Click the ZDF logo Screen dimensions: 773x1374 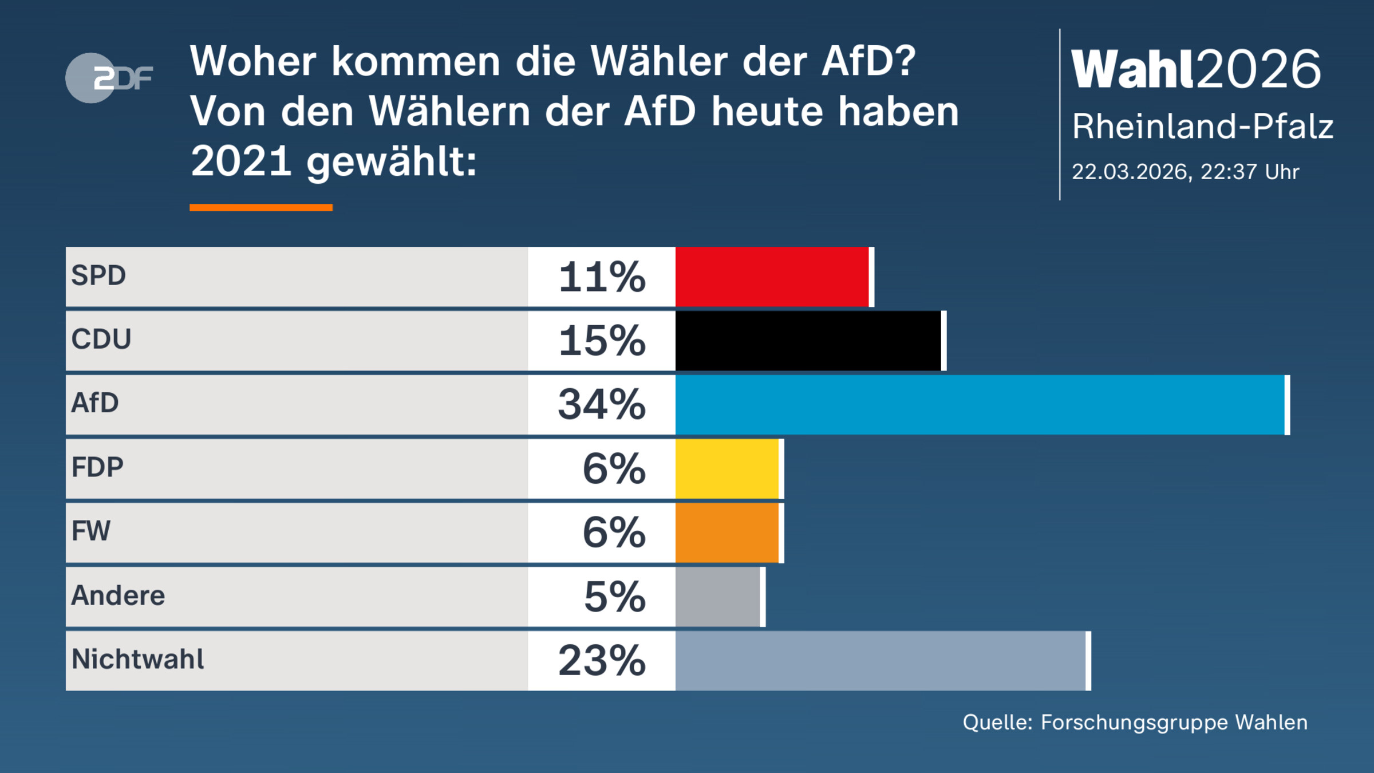click(x=109, y=78)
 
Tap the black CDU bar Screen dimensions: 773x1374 click(x=808, y=341)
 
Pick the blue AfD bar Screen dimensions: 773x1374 click(x=980, y=405)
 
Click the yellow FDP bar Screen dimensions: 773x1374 click(x=727, y=469)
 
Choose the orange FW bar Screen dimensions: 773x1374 click(x=727, y=533)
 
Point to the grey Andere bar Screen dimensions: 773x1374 click(x=718, y=597)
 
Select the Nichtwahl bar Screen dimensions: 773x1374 click(x=881, y=661)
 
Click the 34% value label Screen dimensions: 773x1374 click(x=602, y=405)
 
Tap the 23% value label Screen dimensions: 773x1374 click(x=602, y=661)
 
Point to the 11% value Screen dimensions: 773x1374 click(x=602, y=277)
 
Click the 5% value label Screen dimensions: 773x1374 click(x=614, y=597)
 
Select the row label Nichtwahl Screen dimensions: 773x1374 click(x=137, y=659)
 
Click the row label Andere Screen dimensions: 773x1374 click(x=118, y=595)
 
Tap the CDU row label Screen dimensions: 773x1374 click(x=101, y=339)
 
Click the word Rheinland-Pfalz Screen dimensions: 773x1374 click(x=1202, y=127)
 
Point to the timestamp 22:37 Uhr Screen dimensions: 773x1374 click(x=1249, y=172)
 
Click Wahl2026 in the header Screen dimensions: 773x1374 click(x=1195, y=69)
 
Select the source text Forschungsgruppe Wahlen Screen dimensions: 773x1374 click(x=1174, y=723)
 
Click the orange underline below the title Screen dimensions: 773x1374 click(x=261, y=207)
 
